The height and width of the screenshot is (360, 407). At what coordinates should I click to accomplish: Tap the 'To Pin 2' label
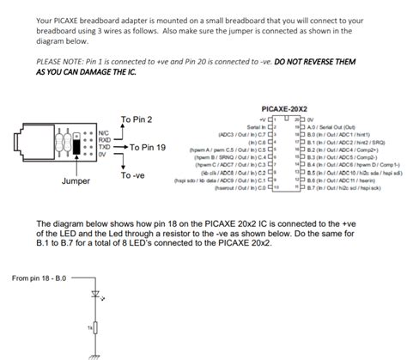click(137, 119)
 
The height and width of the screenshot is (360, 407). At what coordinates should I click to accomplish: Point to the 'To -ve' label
click(132, 174)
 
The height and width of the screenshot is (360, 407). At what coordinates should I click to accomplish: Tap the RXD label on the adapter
click(104, 141)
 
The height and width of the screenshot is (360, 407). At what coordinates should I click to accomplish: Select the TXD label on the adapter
click(104, 148)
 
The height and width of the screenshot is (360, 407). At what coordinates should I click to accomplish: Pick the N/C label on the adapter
click(103, 134)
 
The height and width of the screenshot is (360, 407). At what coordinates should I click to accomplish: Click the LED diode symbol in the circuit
click(95, 296)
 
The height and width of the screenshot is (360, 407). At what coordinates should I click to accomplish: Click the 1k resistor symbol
click(95, 329)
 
